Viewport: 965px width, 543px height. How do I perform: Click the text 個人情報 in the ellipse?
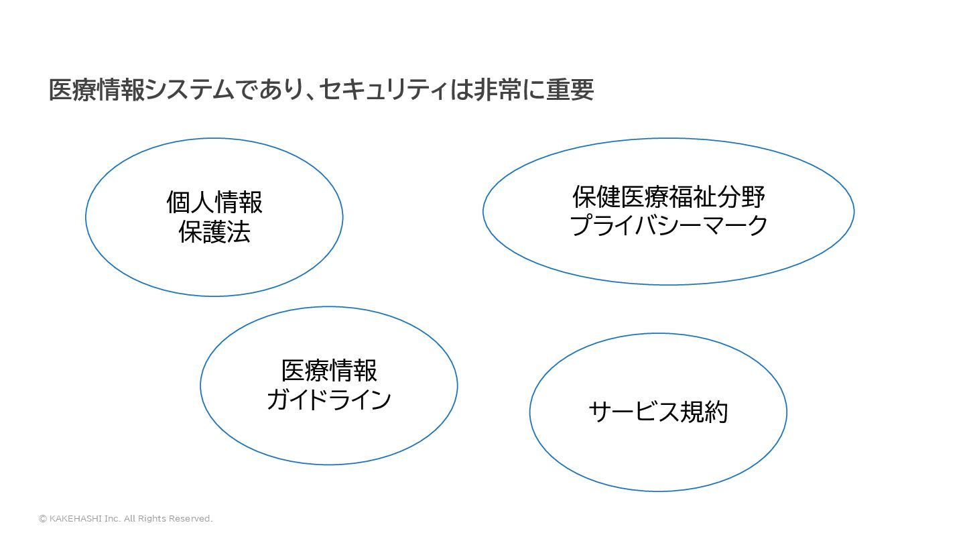214,202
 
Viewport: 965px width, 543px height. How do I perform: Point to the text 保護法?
214,232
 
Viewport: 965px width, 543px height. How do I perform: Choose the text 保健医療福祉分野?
668,197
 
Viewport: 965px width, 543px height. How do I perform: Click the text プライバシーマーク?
668,226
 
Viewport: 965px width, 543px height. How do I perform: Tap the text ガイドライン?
328,400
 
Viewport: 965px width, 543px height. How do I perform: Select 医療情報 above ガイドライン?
328,370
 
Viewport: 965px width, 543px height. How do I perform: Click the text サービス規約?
658,412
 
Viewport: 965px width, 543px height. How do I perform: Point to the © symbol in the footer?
43,519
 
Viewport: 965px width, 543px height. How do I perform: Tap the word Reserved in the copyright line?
190,519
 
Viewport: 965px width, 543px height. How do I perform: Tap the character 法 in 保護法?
239,232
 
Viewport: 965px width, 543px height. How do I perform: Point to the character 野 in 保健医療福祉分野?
753,197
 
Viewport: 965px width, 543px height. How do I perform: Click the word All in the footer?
130,519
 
